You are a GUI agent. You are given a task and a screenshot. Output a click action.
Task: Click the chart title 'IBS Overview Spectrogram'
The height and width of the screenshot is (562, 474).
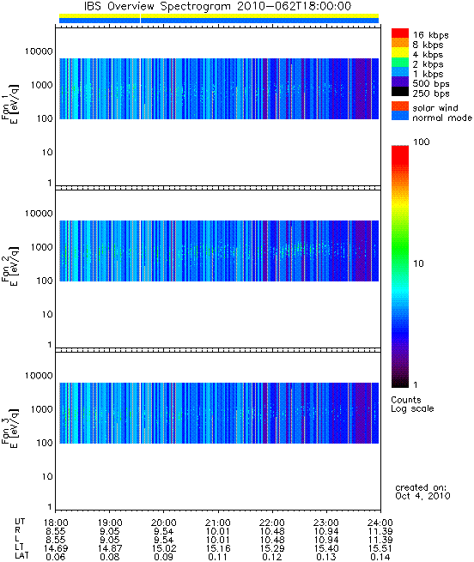[x=158, y=6]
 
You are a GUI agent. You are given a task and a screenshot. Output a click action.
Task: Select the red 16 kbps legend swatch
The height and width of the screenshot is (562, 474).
[x=400, y=33]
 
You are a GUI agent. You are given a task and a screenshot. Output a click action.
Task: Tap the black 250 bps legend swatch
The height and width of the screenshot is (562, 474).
[x=400, y=92]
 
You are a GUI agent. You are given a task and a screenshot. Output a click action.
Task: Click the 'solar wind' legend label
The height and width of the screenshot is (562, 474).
[x=435, y=108]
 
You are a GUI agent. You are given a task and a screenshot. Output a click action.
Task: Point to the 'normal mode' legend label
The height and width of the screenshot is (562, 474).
[x=442, y=118]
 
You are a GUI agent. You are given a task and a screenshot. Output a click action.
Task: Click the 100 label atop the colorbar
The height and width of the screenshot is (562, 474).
[x=422, y=142]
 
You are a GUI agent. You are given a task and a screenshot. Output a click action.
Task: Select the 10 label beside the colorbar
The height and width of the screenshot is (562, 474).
[x=418, y=263]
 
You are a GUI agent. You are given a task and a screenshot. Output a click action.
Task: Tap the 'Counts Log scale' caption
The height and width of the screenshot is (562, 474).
[x=412, y=404]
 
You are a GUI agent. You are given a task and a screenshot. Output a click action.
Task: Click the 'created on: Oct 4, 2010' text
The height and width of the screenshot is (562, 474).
[x=422, y=492]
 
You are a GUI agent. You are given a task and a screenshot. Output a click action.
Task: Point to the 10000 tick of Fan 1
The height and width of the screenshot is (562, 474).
[x=39, y=51]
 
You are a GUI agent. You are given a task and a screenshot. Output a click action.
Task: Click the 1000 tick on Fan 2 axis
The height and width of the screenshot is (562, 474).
[x=41, y=247]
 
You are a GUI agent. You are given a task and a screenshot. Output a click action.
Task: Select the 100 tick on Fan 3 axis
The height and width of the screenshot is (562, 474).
[x=45, y=443]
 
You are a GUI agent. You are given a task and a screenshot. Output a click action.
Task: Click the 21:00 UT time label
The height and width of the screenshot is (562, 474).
[x=218, y=523]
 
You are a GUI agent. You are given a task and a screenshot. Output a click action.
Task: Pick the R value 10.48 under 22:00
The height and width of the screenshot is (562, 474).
[x=272, y=531]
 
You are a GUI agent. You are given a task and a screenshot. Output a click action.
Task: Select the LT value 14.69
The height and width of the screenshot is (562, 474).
[x=56, y=548]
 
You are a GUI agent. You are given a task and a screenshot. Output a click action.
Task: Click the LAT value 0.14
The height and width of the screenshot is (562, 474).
[x=380, y=557]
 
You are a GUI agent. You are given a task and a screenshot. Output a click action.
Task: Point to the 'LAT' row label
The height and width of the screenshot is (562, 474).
[x=21, y=556]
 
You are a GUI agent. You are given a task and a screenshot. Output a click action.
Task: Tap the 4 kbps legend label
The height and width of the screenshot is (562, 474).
[x=428, y=55]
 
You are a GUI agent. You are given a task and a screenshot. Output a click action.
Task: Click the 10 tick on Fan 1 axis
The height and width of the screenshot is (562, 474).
[x=47, y=153]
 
